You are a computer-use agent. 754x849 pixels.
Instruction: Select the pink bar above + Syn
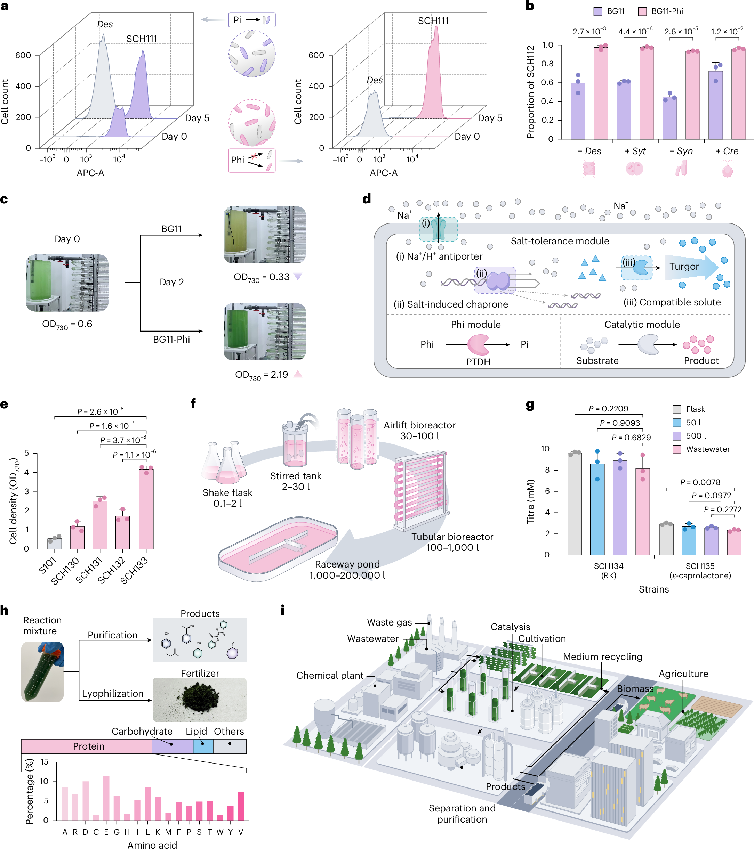[x=692, y=95]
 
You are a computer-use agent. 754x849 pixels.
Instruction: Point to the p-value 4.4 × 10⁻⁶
[x=635, y=32]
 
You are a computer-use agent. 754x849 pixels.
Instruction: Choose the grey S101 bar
[x=55, y=543]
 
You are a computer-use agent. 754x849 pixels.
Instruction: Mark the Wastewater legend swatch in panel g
[x=677, y=449]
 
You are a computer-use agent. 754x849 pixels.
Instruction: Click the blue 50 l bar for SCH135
[x=689, y=540]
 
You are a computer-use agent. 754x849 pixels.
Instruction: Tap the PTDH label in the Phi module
[x=478, y=362]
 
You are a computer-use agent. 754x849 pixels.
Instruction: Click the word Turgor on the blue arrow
[x=684, y=267]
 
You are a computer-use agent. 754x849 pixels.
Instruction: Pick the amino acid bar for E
[x=106, y=798]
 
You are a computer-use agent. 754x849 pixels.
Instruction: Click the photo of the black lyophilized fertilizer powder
[x=200, y=700]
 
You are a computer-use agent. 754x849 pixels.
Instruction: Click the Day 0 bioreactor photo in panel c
[x=67, y=283]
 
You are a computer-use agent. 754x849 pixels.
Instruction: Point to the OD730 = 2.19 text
[x=262, y=375]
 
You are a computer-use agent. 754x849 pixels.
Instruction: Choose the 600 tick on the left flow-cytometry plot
[x=23, y=55]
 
